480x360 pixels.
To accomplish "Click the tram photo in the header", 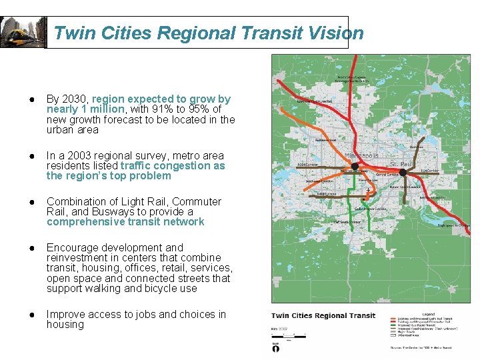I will (23, 32).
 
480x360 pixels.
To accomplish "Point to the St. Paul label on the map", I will (403, 163).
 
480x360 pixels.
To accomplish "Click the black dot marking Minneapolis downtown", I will (355, 166).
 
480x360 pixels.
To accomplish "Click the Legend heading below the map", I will (429, 313).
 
